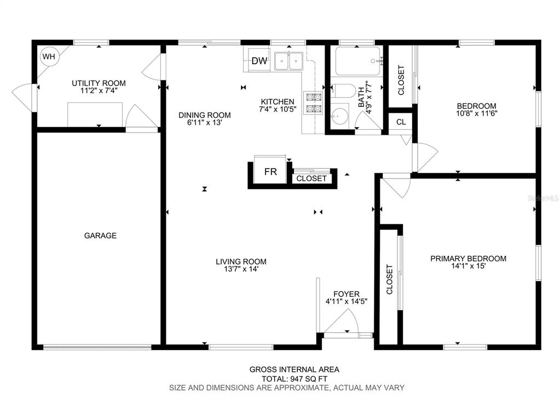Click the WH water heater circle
[49, 56]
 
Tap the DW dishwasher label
[259, 61]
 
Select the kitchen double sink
[288, 61]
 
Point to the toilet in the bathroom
[343, 90]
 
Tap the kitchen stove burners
[313, 102]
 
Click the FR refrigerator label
[270, 172]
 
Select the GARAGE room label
[100, 236]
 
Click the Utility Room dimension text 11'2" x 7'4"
[99, 91]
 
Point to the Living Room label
[241, 262]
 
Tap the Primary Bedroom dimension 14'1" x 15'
[468, 266]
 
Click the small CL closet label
[401, 122]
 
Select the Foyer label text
[347, 294]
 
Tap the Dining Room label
[205, 115]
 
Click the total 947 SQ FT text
[295, 379]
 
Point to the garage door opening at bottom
[97, 347]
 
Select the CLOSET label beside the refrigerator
[311, 179]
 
